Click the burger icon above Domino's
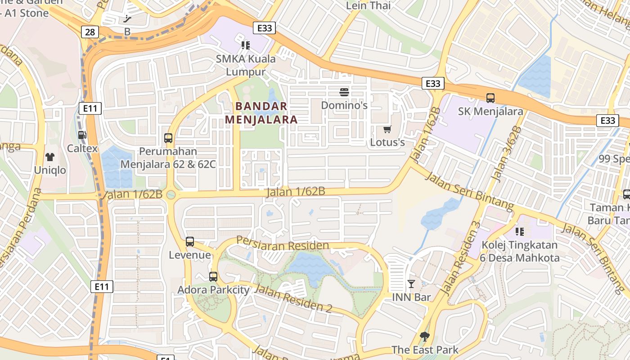[x=344, y=92]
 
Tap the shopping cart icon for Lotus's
[x=387, y=130]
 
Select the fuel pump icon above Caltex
[x=82, y=135]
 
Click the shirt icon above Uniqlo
[x=50, y=157]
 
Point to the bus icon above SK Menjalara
[x=490, y=98]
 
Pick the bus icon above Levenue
[x=190, y=242]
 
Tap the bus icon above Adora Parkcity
[x=213, y=276]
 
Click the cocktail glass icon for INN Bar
[x=411, y=283]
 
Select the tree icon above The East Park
[x=424, y=336]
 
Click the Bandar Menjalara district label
[x=261, y=113]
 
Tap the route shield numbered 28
[x=90, y=31]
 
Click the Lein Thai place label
[x=368, y=5]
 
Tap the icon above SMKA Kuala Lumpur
[x=245, y=45]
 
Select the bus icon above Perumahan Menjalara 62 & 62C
[x=168, y=138]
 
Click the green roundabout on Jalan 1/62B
[x=171, y=195]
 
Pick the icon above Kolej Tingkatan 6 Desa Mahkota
[x=520, y=232]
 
